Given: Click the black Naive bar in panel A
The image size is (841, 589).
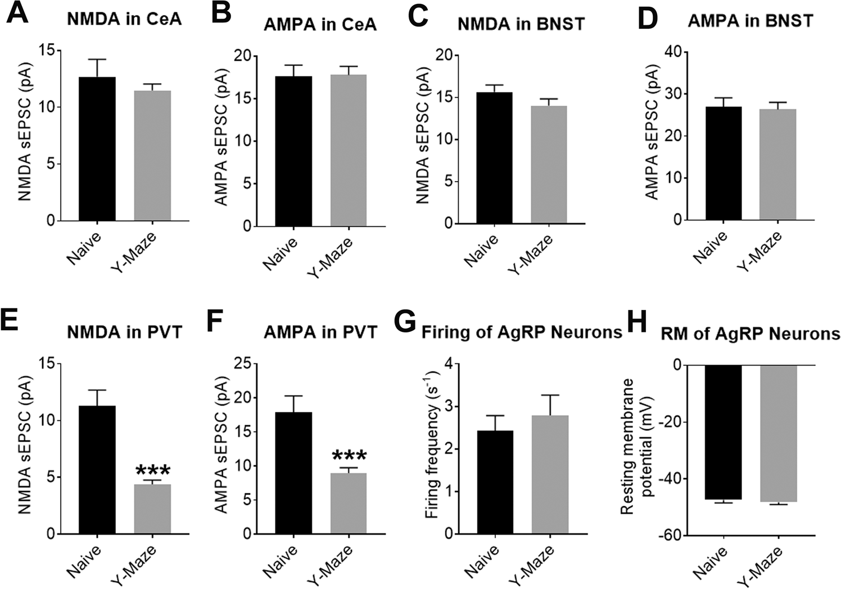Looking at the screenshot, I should click(97, 149).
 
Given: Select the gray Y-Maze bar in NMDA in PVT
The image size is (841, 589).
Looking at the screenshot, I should click(152, 509).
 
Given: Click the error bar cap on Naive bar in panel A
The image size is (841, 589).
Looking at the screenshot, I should click(97, 60).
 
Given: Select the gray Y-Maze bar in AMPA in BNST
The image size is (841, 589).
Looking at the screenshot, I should click(777, 164).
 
